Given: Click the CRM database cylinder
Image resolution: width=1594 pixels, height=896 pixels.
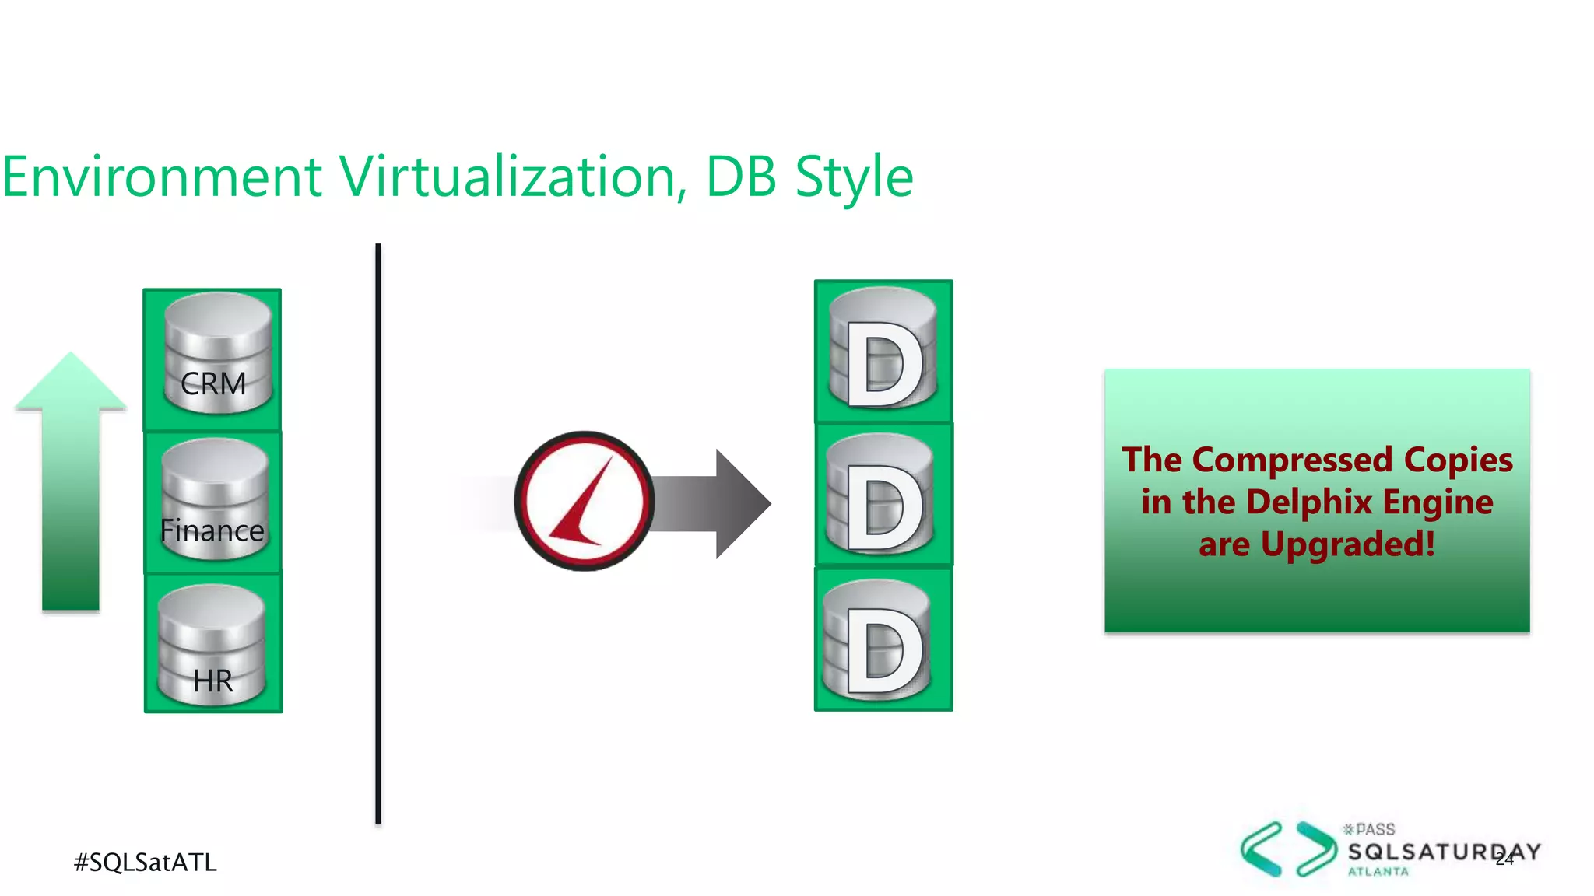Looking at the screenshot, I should pos(216,354).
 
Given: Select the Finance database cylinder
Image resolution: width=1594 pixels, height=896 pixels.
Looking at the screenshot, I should pos(214,500).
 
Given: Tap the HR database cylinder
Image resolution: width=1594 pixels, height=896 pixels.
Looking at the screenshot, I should pos(212,646).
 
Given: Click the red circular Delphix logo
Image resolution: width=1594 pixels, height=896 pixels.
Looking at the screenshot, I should pos(585,501).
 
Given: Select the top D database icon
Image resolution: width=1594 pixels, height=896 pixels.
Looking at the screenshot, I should pos(883,349).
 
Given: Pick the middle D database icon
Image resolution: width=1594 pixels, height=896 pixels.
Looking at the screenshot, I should pos(880,495).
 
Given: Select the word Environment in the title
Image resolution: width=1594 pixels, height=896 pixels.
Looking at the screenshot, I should pos(162,177).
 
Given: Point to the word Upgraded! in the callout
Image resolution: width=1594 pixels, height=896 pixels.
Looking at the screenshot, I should pos(1347,544).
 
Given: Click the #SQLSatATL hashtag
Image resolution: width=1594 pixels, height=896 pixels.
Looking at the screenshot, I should pos(145,862).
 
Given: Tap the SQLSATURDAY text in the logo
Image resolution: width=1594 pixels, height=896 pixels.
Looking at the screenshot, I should pos(1444,852).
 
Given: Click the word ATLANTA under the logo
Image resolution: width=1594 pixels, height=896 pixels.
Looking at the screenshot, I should pos(1378,872).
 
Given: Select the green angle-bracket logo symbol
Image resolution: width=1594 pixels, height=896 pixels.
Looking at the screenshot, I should pos(1288,849).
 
